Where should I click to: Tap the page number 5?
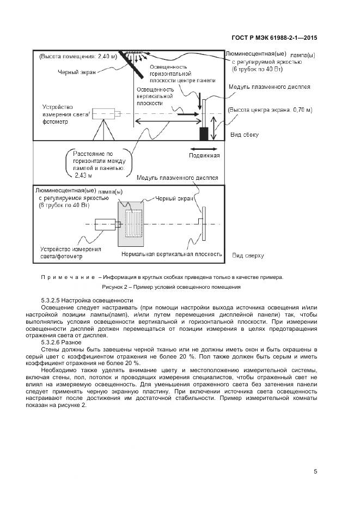pos(315,471)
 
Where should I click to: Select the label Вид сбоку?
pos(245,135)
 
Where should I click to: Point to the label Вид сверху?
pos(247,255)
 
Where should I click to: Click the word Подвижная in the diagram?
pos(204,155)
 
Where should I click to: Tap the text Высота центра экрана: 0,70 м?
pos(271,110)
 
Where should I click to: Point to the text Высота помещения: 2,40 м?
pos(78,56)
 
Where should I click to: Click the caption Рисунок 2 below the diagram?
pos(171,287)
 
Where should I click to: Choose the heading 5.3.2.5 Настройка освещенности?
pos(87,300)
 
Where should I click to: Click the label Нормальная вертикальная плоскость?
pos(172,254)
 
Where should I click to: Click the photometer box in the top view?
pos(106,224)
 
